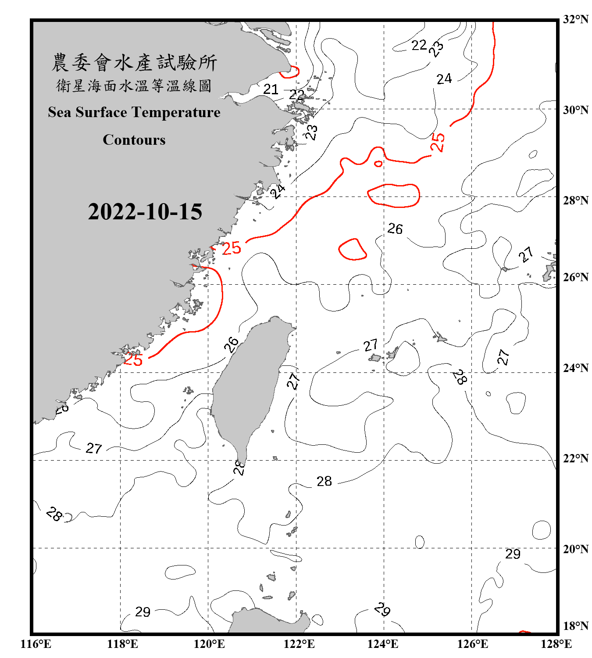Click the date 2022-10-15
[145, 212]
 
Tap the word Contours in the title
[134, 140]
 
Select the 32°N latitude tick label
[575, 19]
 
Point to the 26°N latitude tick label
[575, 277]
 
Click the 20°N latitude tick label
[575, 549]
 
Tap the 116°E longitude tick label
[36, 644]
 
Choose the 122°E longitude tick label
[299, 644]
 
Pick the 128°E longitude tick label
[556, 644]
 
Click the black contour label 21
[271, 89]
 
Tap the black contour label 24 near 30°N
[444, 79]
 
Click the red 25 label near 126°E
[438, 142]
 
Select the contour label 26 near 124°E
[395, 229]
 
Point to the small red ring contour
[378, 164]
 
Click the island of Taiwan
[250, 386]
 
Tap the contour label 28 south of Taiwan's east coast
[324, 481]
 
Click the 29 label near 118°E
[143, 612]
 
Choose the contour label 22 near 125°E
[419, 45]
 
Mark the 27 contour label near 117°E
[94, 448]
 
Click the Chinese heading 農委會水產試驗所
[134, 63]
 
